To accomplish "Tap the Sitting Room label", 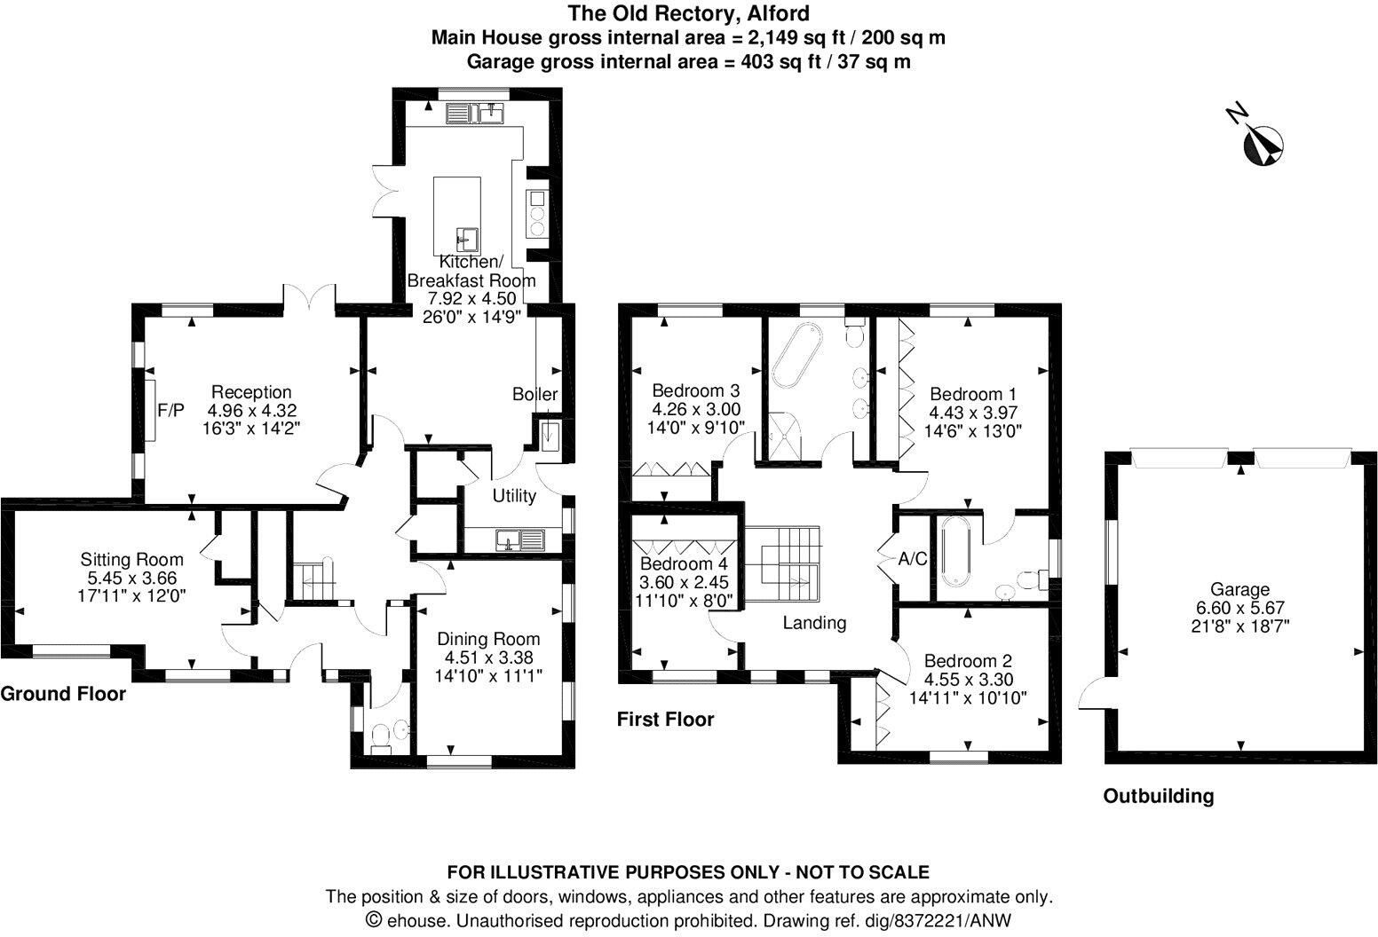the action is pyautogui.click(x=131, y=560).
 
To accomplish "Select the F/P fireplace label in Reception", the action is pyautogui.click(x=170, y=410).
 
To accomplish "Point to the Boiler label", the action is pyautogui.click(x=535, y=394).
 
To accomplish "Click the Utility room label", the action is pyautogui.click(x=514, y=495).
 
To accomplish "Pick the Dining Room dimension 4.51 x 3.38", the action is pyautogui.click(x=488, y=657).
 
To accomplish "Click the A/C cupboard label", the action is pyautogui.click(x=913, y=559).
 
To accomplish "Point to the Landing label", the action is pyautogui.click(x=814, y=623).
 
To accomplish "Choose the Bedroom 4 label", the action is pyautogui.click(x=684, y=563).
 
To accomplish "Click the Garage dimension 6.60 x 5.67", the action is pyautogui.click(x=1240, y=608).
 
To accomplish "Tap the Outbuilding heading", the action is pyautogui.click(x=1159, y=796).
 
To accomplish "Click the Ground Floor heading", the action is pyautogui.click(x=63, y=694).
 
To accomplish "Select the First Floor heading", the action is pyautogui.click(x=666, y=720).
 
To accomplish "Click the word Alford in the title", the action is pyautogui.click(x=778, y=13).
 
